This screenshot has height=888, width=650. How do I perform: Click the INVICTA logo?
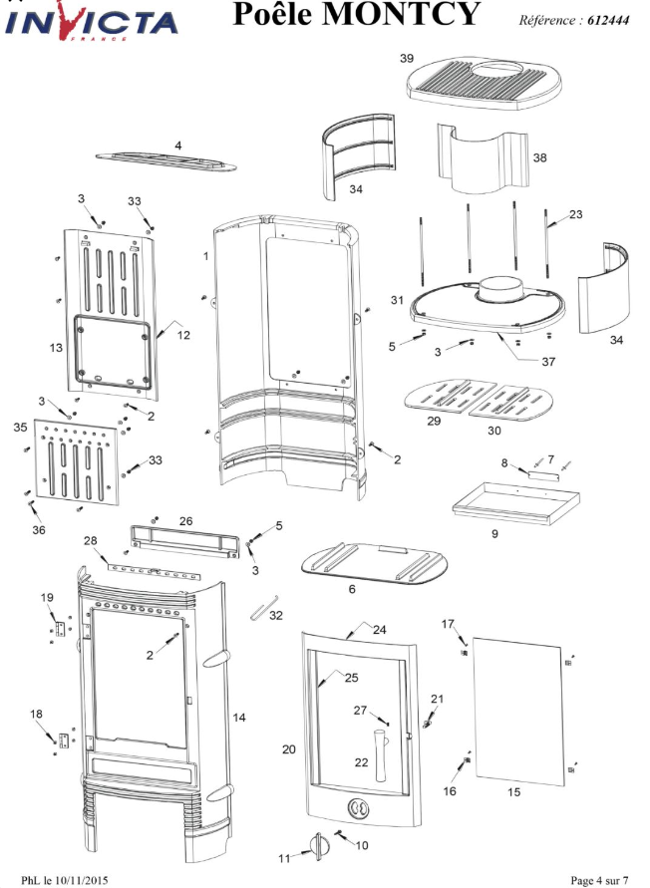92,22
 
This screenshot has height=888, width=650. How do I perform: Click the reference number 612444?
608,20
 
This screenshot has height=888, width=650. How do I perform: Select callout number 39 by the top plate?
407,59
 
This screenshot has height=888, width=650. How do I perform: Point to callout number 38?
539,157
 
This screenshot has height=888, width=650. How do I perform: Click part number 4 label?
177,146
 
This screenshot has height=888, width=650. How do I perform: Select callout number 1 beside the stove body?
205,256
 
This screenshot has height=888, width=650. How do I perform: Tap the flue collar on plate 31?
498,288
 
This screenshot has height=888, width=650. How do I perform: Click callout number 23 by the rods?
576,214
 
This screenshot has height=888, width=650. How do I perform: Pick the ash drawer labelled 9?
515,503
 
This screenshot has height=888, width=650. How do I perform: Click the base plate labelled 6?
374,563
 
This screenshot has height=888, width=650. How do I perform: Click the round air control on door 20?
358,808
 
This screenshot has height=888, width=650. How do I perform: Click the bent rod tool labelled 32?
264,606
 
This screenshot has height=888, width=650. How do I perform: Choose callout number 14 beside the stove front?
239,718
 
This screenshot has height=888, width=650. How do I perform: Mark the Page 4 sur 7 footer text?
599,880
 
